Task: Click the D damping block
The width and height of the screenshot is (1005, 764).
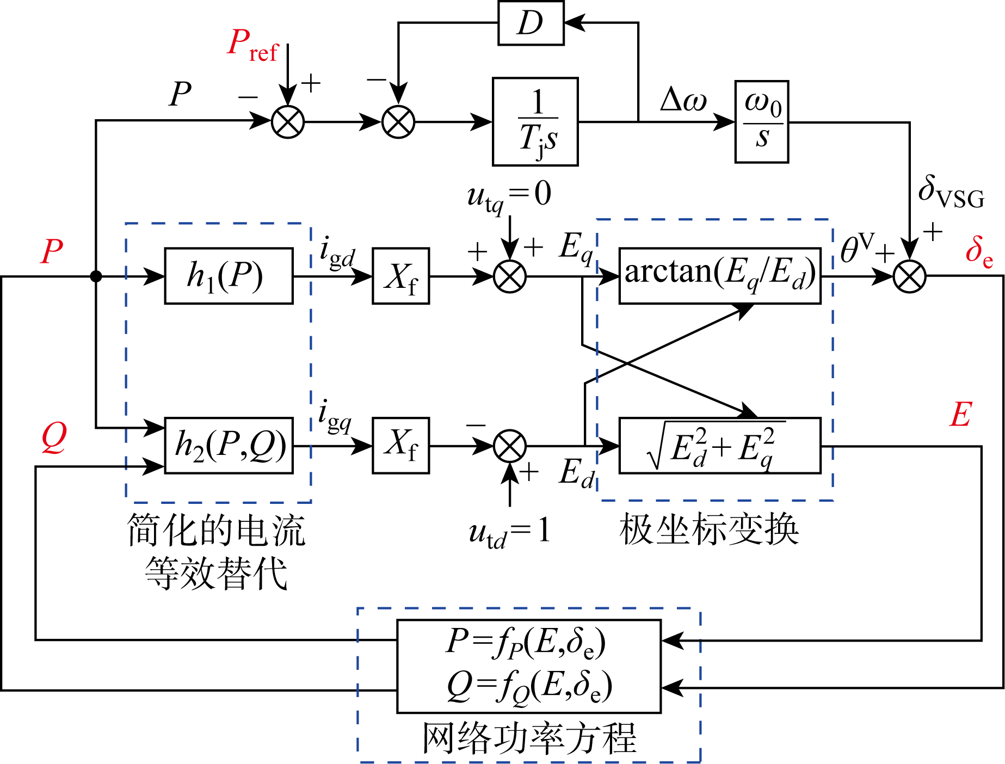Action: pos(531,23)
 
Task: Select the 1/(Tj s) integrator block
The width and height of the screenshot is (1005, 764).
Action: pos(535,121)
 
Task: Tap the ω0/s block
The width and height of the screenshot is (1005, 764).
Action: pos(761,121)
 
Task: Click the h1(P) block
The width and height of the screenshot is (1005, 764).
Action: pos(229,276)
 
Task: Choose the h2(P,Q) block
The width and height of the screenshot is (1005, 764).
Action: pos(229,446)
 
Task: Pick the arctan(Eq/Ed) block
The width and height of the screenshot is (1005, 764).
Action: pos(719,276)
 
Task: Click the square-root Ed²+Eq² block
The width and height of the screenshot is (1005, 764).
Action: pos(719,446)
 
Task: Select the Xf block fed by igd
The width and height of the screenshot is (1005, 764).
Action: pos(400,276)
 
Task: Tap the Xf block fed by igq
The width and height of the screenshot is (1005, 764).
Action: pos(400,446)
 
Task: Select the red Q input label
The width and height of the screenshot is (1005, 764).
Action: pos(54,438)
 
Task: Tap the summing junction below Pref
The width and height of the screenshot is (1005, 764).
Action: pos(288,121)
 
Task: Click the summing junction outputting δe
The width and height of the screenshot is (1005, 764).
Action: pos(909,276)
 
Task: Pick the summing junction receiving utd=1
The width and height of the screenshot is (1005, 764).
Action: pos(510,446)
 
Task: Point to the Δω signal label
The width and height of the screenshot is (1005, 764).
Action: pos(683,100)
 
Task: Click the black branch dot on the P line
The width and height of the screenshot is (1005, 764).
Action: pos(96,276)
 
